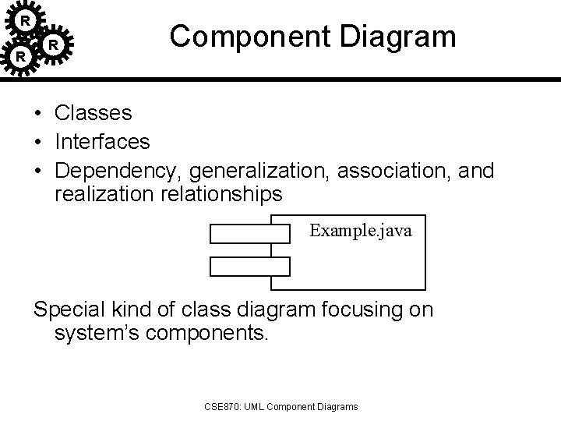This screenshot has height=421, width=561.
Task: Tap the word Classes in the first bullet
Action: coord(93,113)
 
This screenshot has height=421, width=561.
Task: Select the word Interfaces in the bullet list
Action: coord(102,142)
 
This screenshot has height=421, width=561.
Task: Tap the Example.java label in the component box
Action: coord(361,231)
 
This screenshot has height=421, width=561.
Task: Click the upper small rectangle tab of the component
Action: coord(249,232)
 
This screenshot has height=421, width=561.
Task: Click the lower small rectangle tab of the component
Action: coord(249,267)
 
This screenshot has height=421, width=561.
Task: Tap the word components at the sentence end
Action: coord(213,335)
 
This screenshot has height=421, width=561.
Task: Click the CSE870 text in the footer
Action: coord(221,406)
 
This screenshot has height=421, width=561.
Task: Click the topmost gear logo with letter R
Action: coord(26,19)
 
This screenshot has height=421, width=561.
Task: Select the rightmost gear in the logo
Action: coord(52,45)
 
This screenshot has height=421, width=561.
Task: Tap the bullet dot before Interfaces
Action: coord(37,142)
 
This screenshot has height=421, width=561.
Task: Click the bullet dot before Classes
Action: coord(37,114)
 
